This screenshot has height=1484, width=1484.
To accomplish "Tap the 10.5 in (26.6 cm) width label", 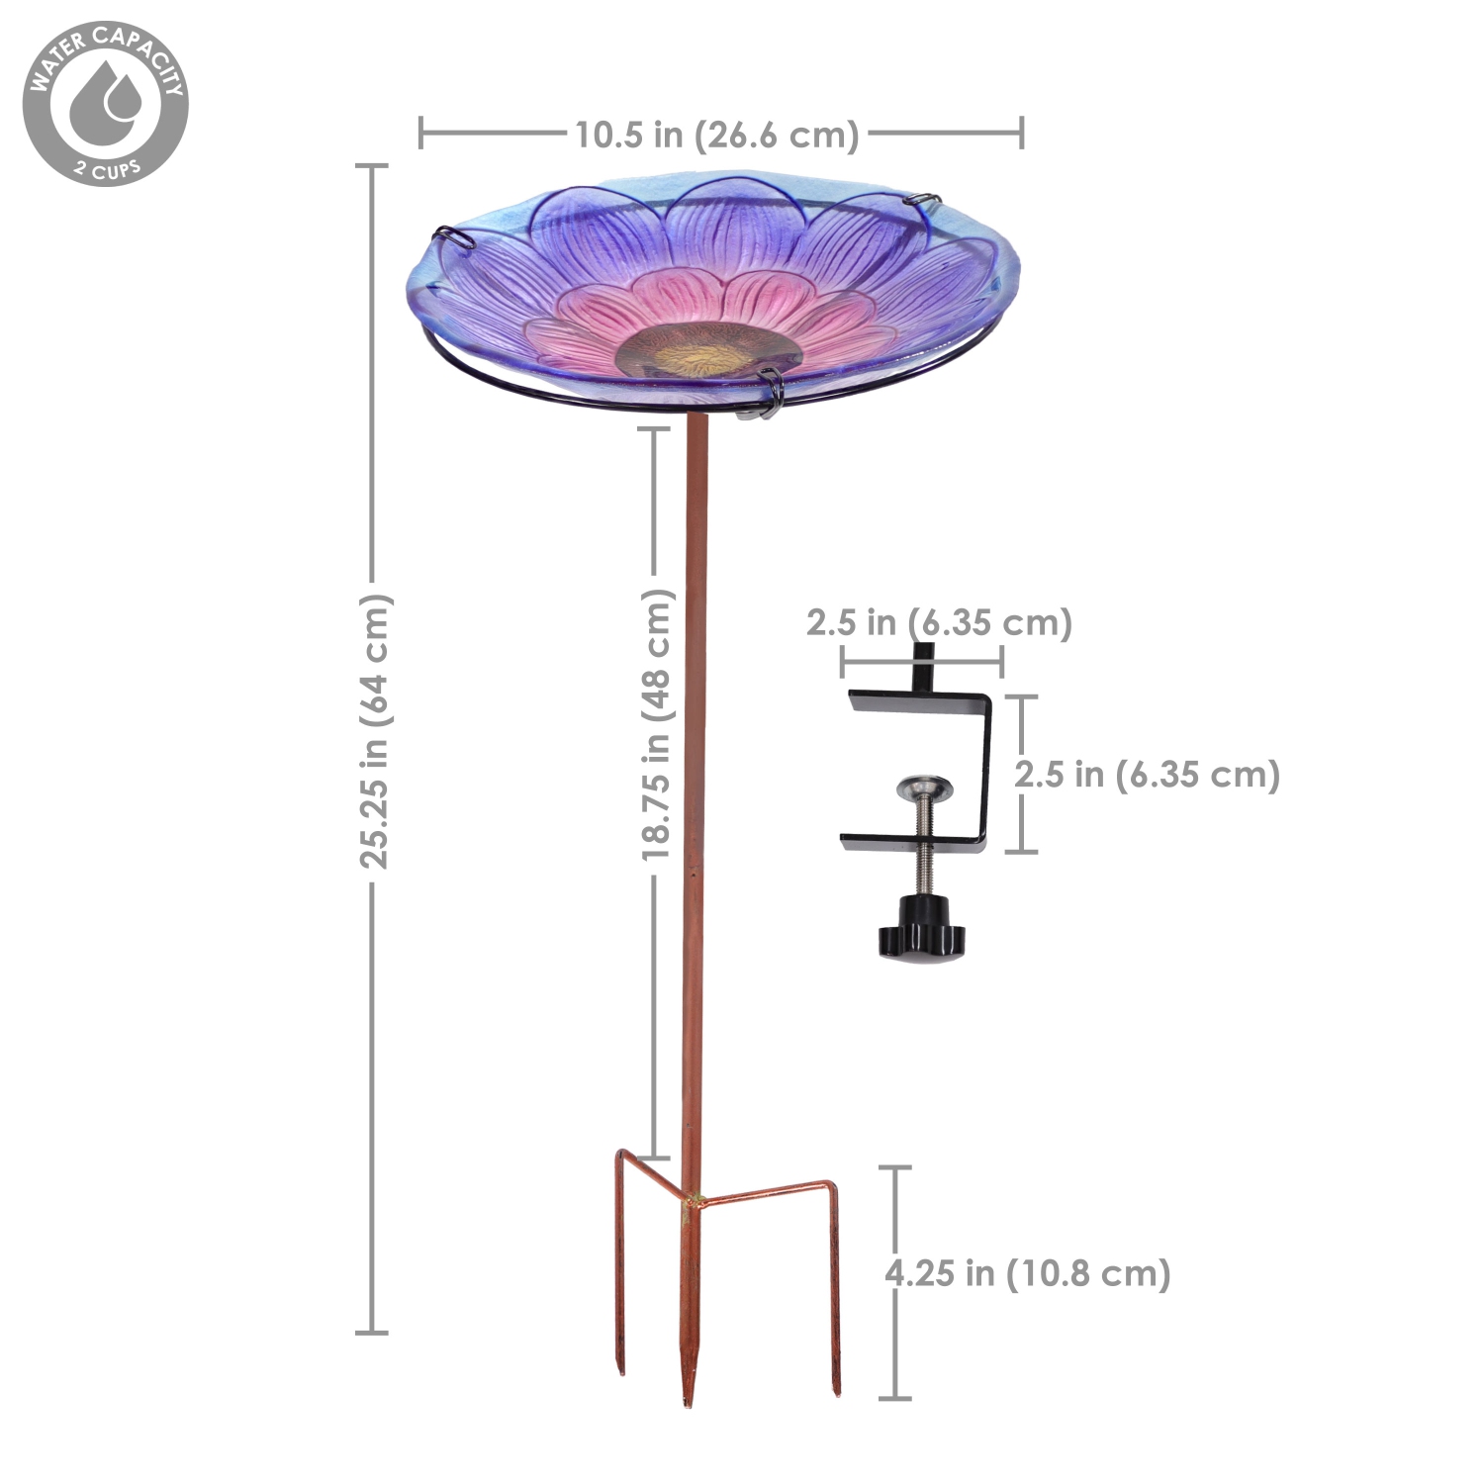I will tap(717, 135).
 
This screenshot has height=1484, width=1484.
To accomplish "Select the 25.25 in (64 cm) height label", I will tap(375, 731).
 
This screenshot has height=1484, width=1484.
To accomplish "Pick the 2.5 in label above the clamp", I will tap(939, 623).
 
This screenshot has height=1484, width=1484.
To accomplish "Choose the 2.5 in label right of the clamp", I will tap(1147, 775).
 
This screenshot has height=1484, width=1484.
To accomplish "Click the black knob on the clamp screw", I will tap(919, 930).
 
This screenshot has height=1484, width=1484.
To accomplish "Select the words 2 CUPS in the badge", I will tap(108, 168).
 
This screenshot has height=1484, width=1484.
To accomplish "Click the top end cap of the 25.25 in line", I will tap(372, 166).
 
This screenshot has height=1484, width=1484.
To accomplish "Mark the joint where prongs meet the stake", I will tap(692, 1201).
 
